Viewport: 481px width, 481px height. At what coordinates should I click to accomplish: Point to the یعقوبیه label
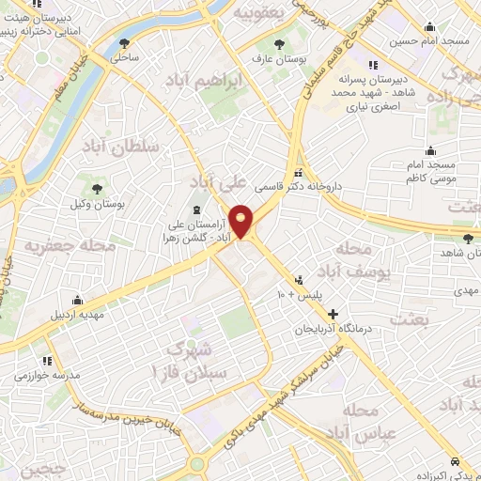click(x=257, y=13)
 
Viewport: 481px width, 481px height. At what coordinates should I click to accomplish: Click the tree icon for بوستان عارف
click(x=277, y=43)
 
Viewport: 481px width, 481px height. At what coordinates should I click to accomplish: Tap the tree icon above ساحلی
click(x=125, y=43)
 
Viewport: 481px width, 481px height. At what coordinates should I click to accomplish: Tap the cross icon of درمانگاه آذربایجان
click(x=331, y=313)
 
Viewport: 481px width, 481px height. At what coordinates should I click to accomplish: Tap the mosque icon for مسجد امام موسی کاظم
click(x=430, y=150)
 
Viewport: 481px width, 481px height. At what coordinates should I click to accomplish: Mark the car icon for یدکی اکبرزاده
click(x=456, y=462)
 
